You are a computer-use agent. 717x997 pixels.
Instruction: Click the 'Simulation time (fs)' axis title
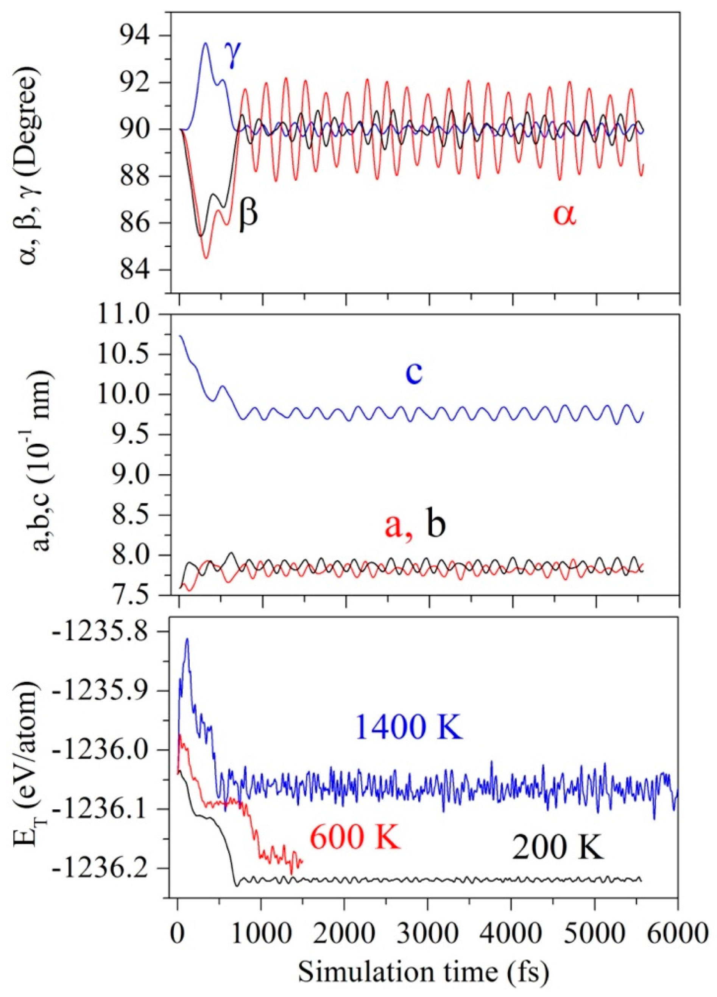coord(424,970)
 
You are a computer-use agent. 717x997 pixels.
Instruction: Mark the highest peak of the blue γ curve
coord(205,43)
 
